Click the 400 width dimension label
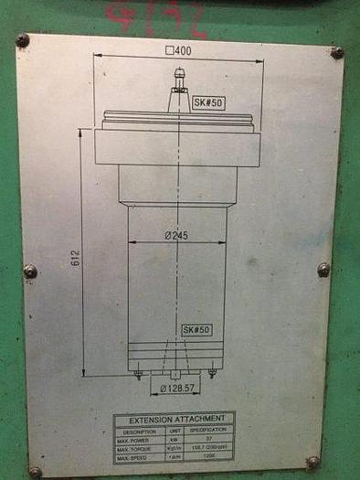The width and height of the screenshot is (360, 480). click(178, 51)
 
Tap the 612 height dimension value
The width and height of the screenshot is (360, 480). click(75, 259)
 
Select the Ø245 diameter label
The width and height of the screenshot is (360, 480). click(176, 236)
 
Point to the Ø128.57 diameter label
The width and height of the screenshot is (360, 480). click(176, 389)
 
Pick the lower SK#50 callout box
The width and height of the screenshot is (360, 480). click(196, 329)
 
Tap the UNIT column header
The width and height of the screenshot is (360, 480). click(175, 429)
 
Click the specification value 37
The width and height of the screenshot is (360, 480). click(207, 439)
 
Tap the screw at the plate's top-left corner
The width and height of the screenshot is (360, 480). click(23, 40)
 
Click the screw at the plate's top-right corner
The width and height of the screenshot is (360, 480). click(337, 53)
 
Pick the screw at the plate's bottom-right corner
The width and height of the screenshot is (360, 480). click(313, 462)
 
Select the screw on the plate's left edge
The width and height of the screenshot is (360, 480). click(30, 271)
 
